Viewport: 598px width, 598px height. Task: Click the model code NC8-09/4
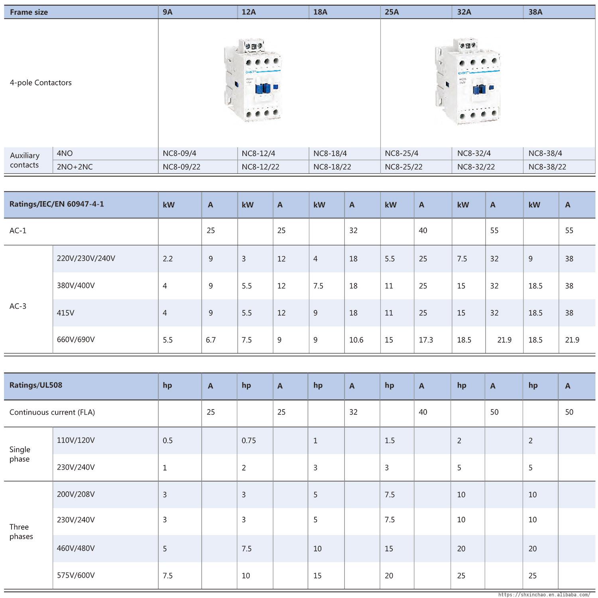(x=179, y=153)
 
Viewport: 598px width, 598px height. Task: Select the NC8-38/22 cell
(x=547, y=167)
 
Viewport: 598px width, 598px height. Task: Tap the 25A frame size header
(x=391, y=12)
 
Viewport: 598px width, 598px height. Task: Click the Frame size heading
(x=29, y=12)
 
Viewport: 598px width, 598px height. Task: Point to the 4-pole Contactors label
(x=41, y=83)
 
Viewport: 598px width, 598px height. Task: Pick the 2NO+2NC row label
(x=75, y=167)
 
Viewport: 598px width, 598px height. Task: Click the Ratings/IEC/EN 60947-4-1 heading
(x=57, y=204)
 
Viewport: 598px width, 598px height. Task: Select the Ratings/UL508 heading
(x=36, y=385)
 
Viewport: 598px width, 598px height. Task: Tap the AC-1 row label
(x=18, y=231)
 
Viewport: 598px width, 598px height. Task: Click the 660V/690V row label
(x=76, y=340)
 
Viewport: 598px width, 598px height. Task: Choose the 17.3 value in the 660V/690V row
(x=426, y=340)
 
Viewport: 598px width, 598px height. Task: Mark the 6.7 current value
(x=210, y=340)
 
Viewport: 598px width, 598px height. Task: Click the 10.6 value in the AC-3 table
(x=356, y=340)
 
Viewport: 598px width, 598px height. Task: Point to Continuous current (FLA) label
(x=52, y=412)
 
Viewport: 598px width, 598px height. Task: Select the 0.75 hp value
(x=248, y=441)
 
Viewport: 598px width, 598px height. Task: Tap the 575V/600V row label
(x=76, y=575)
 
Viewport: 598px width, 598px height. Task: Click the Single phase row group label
(x=20, y=454)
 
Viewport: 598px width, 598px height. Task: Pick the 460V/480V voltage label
(x=76, y=549)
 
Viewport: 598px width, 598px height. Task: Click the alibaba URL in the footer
(x=544, y=594)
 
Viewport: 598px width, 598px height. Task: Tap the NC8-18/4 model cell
(x=330, y=153)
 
